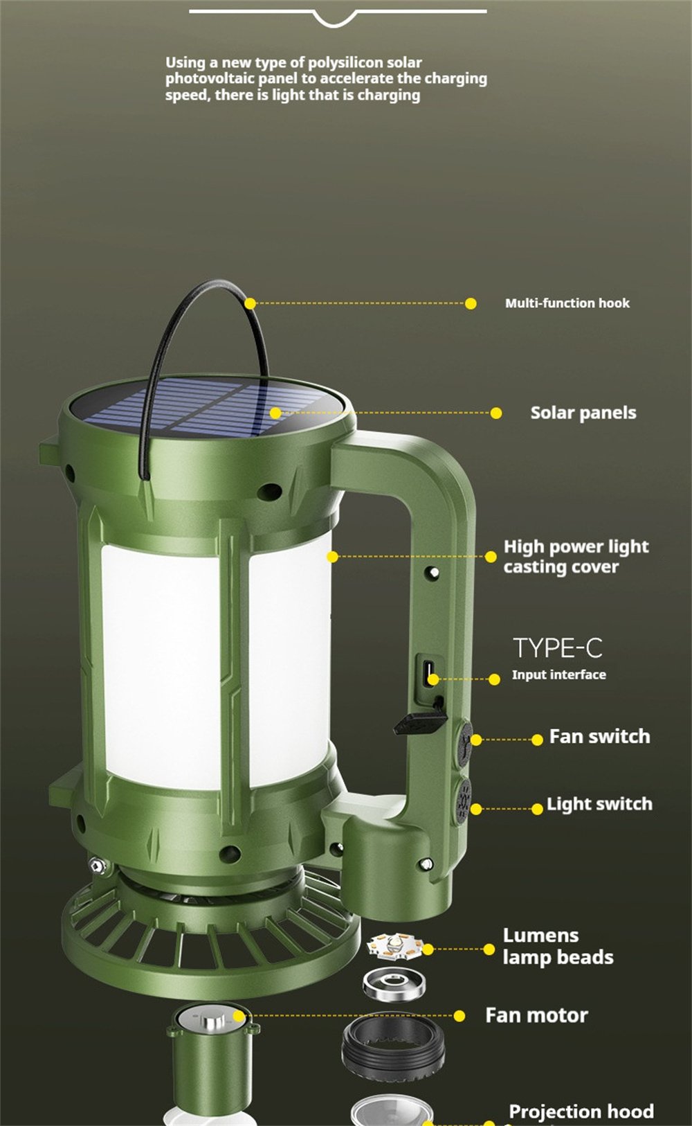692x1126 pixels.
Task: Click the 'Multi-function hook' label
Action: [x=567, y=303]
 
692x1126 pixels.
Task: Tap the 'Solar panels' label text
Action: [x=583, y=413]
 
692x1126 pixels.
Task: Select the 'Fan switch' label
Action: [x=599, y=736]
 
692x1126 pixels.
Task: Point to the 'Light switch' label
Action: [x=599, y=804]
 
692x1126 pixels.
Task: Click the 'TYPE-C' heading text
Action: [x=558, y=648]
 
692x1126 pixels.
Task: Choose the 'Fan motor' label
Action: [x=536, y=1015]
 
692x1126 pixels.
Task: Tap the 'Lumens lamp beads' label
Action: [x=558, y=946]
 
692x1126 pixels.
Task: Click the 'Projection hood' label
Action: [x=581, y=1111]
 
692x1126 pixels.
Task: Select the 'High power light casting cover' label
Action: [x=576, y=557]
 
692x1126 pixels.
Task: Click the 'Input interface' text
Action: [x=559, y=674]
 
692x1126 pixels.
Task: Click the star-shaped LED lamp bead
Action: [x=395, y=945]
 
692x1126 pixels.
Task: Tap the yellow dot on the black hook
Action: [x=250, y=303]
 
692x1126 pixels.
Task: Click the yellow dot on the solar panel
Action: [x=275, y=413]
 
